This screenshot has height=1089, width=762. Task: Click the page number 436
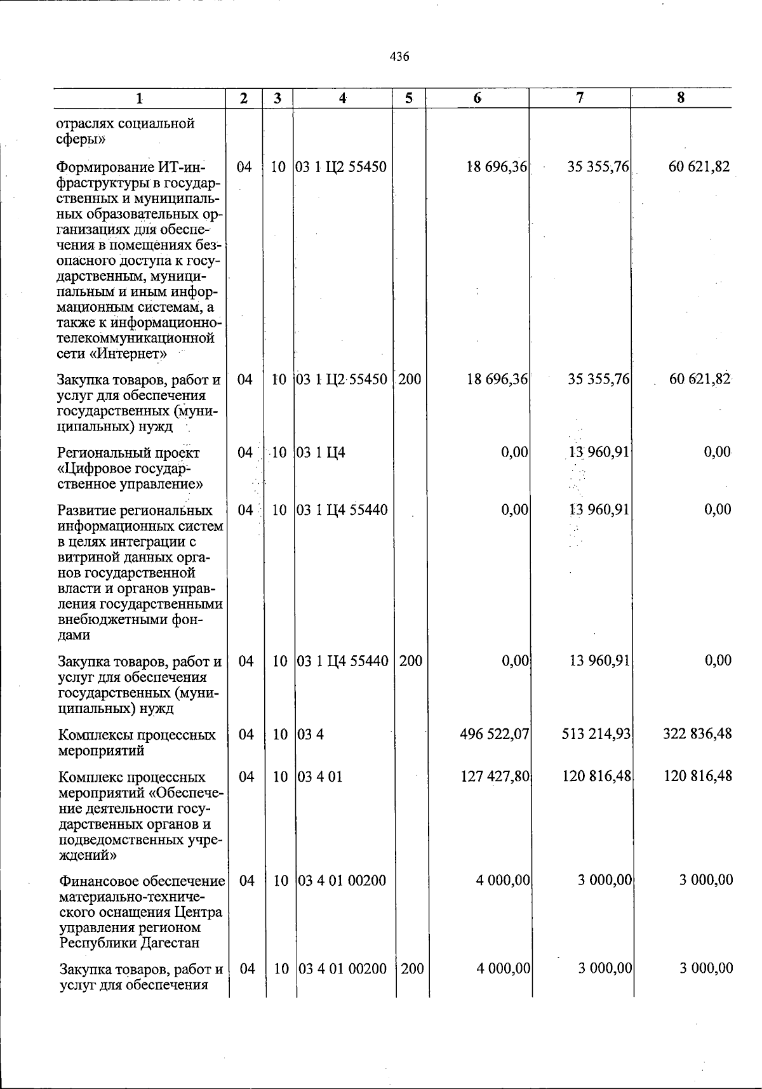click(x=399, y=57)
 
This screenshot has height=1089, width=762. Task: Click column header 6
click(x=477, y=98)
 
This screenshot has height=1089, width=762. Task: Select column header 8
click(x=681, y=98)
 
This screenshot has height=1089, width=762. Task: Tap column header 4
click(x=343, y=98)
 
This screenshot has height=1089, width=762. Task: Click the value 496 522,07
click(x=495, y=735)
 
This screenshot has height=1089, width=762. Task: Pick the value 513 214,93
click(x=596, y=735)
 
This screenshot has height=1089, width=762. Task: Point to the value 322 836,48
click(x=697, y=735)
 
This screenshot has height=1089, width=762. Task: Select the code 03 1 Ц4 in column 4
click(x=321, y=453)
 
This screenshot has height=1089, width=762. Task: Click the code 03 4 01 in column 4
click(x=320, y=777)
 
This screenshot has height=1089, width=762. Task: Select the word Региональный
click(x=102, y=453)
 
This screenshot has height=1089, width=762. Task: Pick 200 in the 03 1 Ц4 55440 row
click(x=411, y=661)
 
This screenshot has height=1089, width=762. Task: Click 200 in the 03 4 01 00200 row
click(x=412, y=969)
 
